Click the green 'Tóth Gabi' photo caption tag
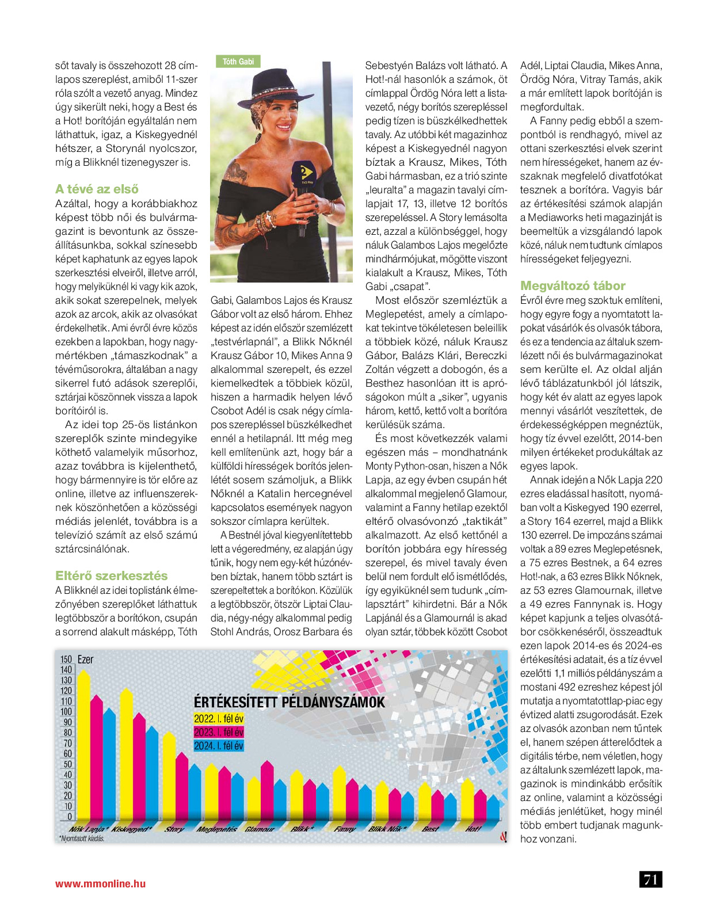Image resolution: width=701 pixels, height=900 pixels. point(238,62)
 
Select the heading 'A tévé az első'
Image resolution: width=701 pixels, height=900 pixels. point(97,189)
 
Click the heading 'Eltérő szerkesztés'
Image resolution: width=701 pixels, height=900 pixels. point(111,575)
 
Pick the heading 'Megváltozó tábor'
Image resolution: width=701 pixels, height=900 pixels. point(572,285)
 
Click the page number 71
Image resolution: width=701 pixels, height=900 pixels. point(650,879)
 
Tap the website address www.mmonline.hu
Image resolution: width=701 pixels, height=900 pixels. point(100,883)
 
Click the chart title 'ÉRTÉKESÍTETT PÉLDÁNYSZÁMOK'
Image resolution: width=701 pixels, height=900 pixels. point(289,702)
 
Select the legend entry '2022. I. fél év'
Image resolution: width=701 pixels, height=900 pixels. point(218,719)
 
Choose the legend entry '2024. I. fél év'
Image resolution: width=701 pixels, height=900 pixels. point(218,746)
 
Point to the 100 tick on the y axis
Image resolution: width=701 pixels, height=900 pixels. point(67,712)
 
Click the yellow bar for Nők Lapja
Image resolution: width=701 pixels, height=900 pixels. point(84,748)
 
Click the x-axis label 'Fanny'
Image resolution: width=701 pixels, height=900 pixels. point(344,829)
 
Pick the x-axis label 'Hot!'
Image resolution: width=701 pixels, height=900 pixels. point(473,829)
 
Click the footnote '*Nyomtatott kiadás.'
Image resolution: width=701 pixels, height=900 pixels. point(81,838)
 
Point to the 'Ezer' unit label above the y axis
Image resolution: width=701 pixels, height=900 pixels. point(85,659)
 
